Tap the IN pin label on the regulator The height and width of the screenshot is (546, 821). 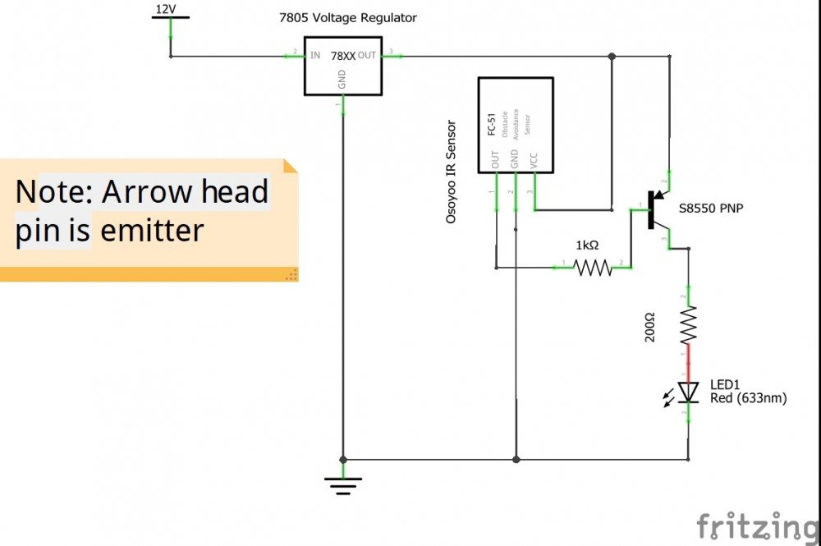315,56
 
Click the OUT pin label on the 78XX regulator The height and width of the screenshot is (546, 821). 366,56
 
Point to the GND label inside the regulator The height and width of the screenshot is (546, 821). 342,80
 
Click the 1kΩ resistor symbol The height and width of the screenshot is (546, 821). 592,268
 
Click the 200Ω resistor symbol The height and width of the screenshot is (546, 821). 688,325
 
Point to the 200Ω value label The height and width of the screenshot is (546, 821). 650,326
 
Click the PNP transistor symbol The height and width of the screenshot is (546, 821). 657,210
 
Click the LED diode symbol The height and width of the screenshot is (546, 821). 687,393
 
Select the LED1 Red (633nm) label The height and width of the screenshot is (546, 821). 748,392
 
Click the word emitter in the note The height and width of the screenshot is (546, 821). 152,231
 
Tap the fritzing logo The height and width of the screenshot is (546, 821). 757,525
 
